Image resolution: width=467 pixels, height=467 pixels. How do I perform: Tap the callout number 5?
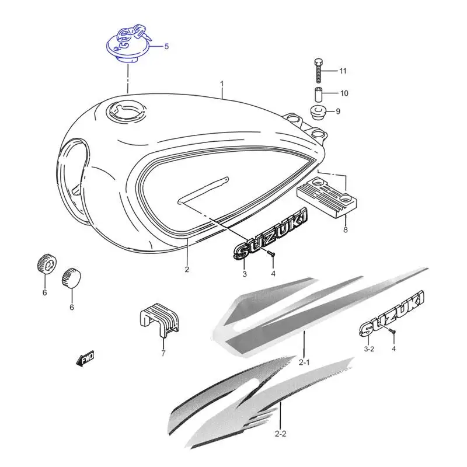tap(166, 47)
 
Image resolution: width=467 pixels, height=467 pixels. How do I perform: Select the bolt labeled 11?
tap(319, 71)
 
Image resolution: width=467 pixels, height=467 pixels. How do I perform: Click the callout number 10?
tap(344, 93)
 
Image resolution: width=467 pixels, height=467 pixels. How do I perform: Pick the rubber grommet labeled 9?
tap(318, 112)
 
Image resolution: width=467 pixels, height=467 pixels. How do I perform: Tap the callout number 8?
tap(346, 229)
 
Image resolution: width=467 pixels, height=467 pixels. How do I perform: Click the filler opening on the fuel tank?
tap(126, 111)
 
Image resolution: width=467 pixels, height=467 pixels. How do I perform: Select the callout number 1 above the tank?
tap(222, 83)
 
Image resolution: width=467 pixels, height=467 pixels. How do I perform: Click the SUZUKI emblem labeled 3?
tap(270, 234)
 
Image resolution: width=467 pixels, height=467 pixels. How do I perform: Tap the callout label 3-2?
tap(369, 349)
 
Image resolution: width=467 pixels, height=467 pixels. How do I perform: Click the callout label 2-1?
tap(304, 363)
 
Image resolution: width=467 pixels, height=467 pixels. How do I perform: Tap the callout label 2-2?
tap(280, 434)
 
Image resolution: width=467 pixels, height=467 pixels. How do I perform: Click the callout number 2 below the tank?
tap(187, 270)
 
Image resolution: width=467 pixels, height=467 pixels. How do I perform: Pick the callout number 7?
tap(163, 354)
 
